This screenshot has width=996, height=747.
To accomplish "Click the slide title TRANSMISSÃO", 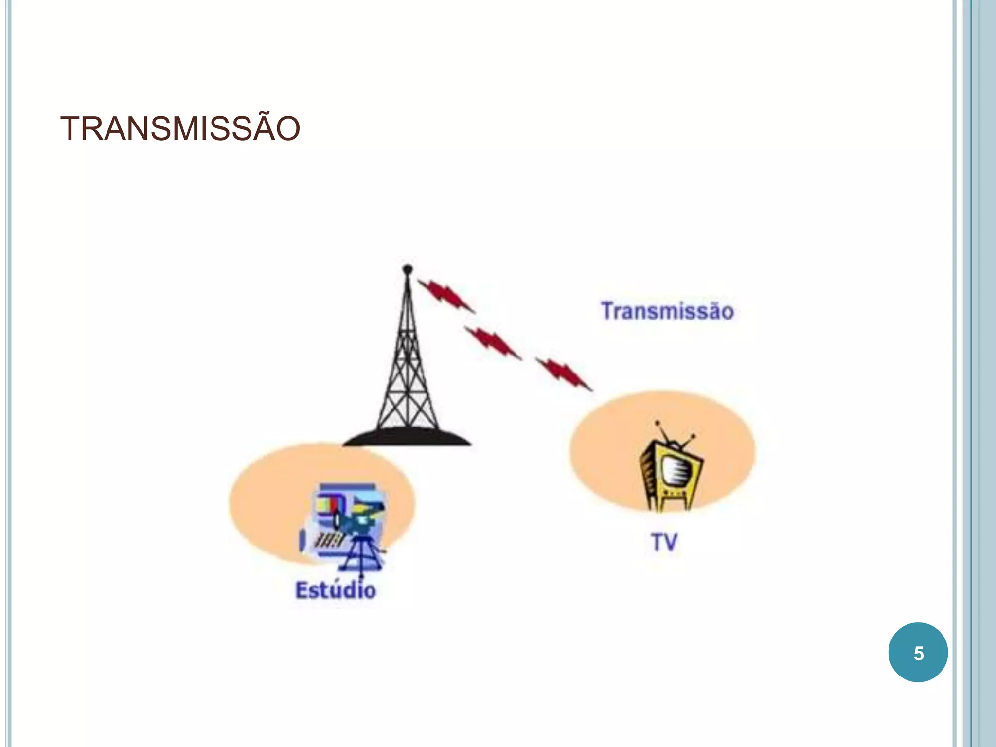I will point(180,129).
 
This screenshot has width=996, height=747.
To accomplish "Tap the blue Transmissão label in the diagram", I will point(667,311).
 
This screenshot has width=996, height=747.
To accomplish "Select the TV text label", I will point(664,542).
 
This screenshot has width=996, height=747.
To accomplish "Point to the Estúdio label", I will point(336,590).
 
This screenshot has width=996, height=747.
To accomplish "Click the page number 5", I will point(918,654).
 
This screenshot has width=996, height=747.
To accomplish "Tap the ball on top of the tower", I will point(408,268).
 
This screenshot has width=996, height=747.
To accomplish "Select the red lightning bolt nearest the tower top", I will point(445,295).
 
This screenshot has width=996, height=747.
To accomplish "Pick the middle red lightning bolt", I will point(493,342).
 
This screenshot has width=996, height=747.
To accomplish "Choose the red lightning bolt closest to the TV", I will point(564,373).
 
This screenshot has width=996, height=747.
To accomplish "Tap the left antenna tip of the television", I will point(657,423).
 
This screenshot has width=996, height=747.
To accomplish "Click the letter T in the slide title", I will point(71,129).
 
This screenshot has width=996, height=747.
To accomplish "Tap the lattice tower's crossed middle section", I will point(407,355).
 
